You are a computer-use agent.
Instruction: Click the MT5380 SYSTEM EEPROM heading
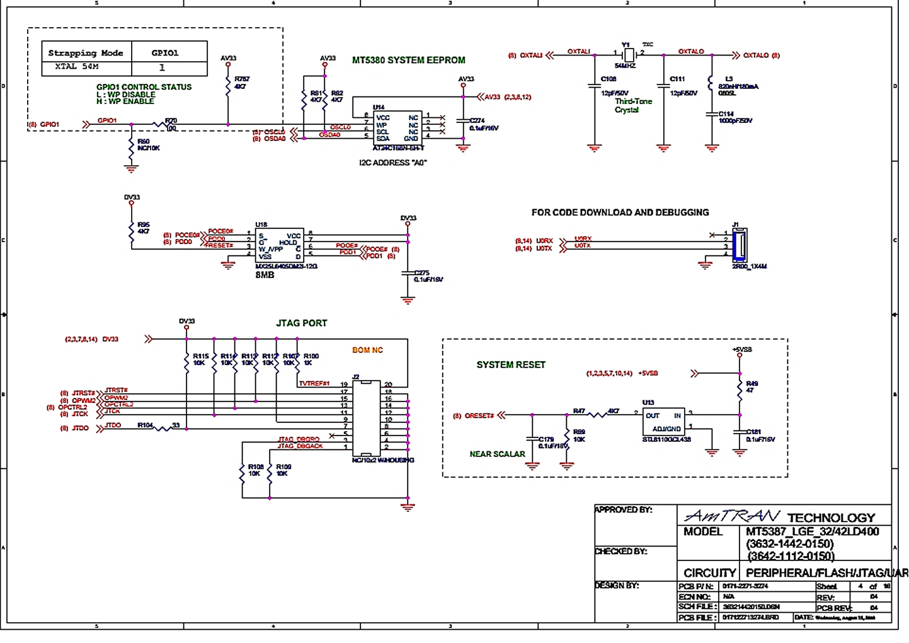tap(408, 60)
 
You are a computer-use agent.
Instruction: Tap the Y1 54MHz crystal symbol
tap(627, 55)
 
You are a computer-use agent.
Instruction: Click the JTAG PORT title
tap(301, 323)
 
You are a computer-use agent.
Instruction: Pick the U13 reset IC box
tap(663, 421)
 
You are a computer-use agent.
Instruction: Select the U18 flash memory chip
tap(280, 245)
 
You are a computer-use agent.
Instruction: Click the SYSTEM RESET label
tap(510, 364)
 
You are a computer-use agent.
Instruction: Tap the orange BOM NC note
tap(367, 350)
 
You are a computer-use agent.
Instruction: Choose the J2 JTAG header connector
tap(366, 418)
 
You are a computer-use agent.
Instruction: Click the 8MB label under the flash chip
tap(265, 275)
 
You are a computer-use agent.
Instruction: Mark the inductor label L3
tap(729, 79)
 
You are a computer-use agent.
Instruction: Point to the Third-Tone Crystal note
tap(633, 105)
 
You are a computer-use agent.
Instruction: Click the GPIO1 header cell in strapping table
tap(165, 53)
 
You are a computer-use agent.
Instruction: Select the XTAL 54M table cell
tap(76, 66)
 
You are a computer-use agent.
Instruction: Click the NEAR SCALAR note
tap(497, 454)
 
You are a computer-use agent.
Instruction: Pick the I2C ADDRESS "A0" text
tap(392, 163)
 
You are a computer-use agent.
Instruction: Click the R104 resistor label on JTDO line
tap(145, 426)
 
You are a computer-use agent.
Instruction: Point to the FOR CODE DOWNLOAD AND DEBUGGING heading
tap(620, 212)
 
